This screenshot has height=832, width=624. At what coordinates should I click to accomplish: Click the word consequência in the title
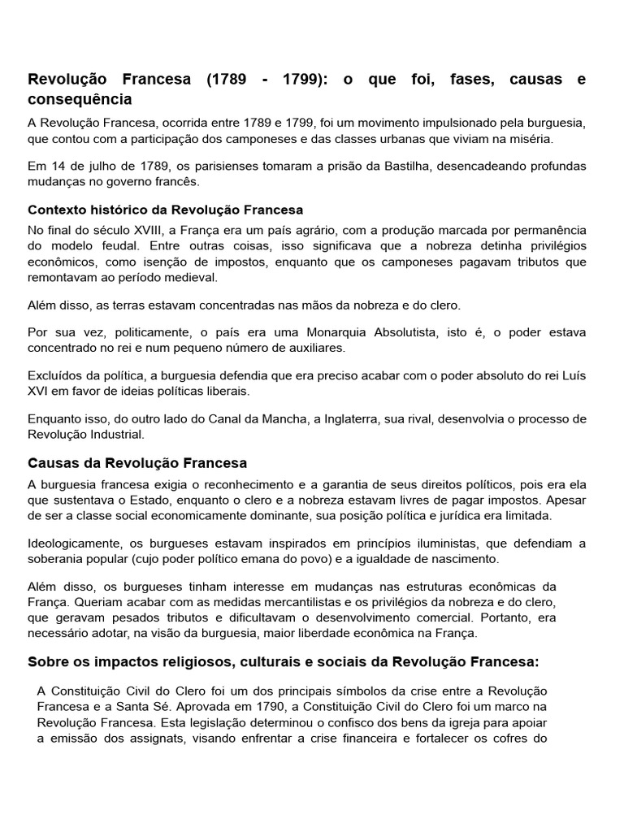[x=80, y=100]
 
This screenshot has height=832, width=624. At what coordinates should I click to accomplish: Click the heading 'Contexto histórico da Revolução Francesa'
[x=166, y=210]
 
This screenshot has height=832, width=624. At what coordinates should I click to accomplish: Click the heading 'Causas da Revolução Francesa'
[x=137, y=463]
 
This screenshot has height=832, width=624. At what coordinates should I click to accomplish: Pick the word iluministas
[x=421, y=544]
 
